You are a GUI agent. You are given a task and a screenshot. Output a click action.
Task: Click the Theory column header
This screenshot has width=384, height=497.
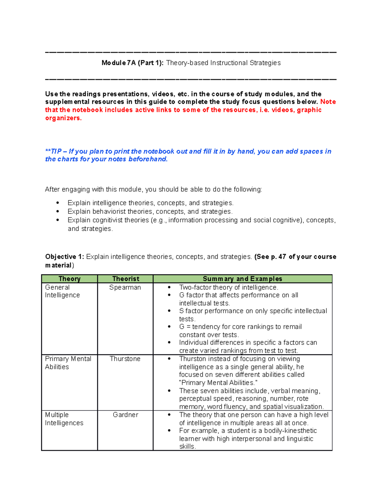[x=69, y=279]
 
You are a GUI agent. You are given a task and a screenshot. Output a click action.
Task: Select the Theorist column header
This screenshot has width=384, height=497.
[x=125, y=279]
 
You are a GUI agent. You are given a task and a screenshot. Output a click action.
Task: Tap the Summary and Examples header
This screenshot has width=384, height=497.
[x=242, y=279]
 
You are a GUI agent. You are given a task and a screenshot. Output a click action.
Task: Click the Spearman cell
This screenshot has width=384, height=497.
[x=125, y=287]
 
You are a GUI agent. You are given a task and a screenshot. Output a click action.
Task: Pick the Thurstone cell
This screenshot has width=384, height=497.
[x=125, y=359]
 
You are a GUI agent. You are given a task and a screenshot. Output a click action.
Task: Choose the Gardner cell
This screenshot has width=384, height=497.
[x=125, y=415]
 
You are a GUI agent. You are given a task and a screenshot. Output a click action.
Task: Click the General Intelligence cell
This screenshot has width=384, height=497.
[x=62, y=291]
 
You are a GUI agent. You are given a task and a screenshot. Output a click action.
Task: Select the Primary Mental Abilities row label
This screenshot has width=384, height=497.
[x=68, y=363]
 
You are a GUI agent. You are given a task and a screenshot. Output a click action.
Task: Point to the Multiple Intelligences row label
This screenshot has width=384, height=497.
[x=64, y=419]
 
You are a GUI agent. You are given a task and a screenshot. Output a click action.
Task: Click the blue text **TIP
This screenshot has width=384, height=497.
[x=53, y=151]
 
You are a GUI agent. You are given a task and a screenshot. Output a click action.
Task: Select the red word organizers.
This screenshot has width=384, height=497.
[x=63, y=118]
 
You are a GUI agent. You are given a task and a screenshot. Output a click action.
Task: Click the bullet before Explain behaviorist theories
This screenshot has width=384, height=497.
[x=58, y=212]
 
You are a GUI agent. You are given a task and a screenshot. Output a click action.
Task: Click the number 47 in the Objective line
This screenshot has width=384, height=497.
[x=282, y=257]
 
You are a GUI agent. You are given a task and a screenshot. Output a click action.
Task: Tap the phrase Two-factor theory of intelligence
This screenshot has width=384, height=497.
[x=228, y=287]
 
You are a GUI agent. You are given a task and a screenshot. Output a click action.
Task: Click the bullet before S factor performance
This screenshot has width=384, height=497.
[x=169, y=311]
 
